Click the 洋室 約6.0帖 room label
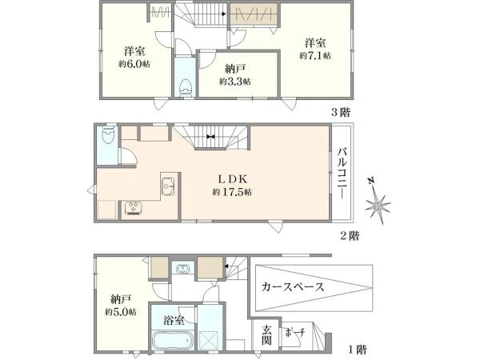tap(134, 57)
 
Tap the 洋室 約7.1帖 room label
tap(315, 49)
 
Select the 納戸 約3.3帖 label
tap(234, 75)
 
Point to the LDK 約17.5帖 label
tap(232, 186)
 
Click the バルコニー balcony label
tap(342, 173)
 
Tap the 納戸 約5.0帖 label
tap(122, 306)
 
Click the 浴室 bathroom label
tap(174, 320)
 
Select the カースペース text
tap(293, 287)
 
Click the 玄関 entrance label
tap(266, 335)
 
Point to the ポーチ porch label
tap(294, 333)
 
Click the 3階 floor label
tap(341, 112)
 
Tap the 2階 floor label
tap(350, 236)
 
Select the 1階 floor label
tap(358, 349)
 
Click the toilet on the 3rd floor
tap(186, 87)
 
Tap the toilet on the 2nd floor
tap(107, 135)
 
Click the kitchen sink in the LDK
tap(168, 186)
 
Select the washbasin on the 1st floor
tap(183, 269)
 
